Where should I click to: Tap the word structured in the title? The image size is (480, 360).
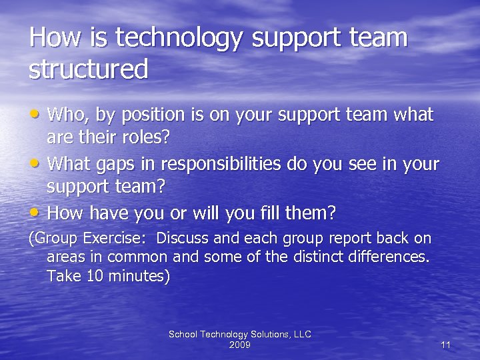tap(88, 69)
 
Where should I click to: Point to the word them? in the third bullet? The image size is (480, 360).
tap(311, 214)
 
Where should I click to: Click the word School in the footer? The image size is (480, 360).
tap(183, 334)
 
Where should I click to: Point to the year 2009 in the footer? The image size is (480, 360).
tap(239, 345)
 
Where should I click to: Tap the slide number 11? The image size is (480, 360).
tap(446, 345)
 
